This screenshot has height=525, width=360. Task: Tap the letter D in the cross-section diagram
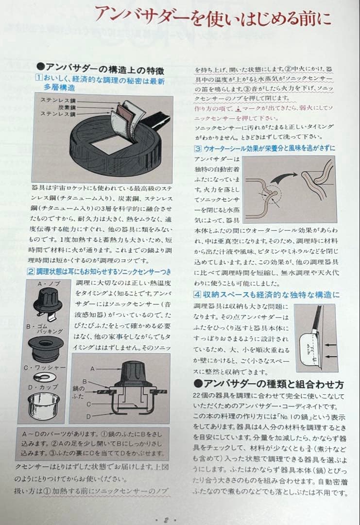(89, 416)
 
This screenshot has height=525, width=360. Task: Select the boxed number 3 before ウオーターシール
(198, 149)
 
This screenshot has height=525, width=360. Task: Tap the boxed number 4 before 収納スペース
(198, 294)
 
